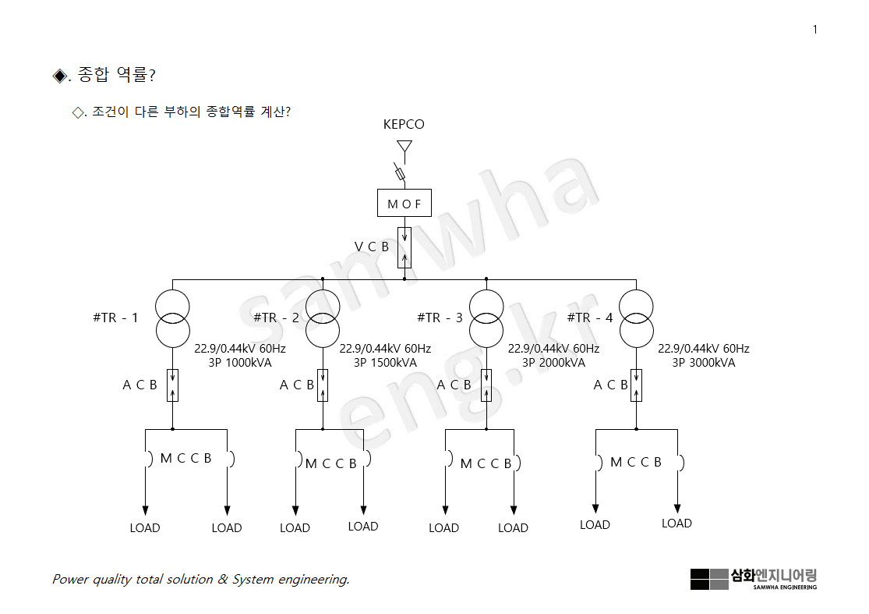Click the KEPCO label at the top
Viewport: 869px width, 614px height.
click(404, 124)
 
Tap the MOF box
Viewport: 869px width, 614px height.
click(404, 204)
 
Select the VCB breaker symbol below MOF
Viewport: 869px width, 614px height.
click(404, 247)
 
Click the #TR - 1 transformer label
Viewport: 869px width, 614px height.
click(115, 318)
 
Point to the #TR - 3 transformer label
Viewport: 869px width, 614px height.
click(440, 318)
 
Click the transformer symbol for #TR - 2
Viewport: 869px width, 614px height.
click(323, 318)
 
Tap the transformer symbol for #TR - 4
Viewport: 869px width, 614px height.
click(637, 318)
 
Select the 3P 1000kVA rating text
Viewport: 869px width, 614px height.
click(240, 362)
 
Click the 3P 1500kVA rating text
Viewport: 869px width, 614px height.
click(385, 362)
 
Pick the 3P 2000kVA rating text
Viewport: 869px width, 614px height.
click(553, 362)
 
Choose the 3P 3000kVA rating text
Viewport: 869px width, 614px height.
click(704, 362)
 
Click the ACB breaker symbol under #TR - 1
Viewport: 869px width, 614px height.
click(172, 385)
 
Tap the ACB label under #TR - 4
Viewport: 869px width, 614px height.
click(610, 385)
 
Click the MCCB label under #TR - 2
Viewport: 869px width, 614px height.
click(330, 463)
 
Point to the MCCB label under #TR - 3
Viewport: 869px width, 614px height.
click(486, 463)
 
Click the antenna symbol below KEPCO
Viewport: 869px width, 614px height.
click(404, 147)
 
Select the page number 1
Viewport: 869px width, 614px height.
click(815, 30)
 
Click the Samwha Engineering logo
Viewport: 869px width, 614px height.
click(753, 579)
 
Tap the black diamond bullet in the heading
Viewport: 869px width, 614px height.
click(59, 76)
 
